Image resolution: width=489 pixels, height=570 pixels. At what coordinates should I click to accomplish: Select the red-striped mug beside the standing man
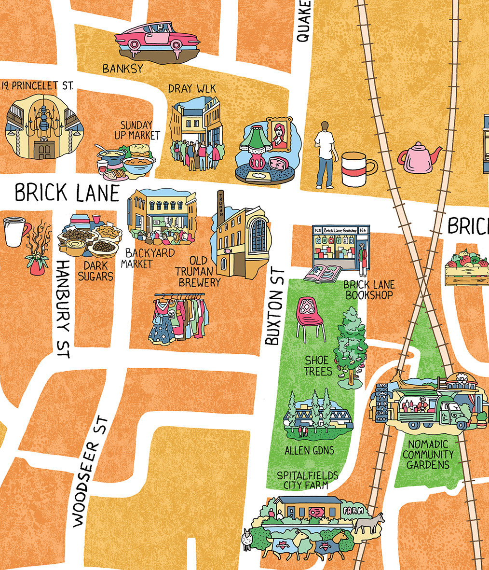pos(357,169)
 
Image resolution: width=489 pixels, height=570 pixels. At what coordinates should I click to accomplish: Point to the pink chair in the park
pos(310,317)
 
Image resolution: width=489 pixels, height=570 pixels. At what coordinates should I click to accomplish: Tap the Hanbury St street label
pos(63,309)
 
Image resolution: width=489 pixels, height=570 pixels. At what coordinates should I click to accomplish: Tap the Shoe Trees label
pos(317,365)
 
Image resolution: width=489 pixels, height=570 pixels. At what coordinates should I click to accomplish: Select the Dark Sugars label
pos(98,271)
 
